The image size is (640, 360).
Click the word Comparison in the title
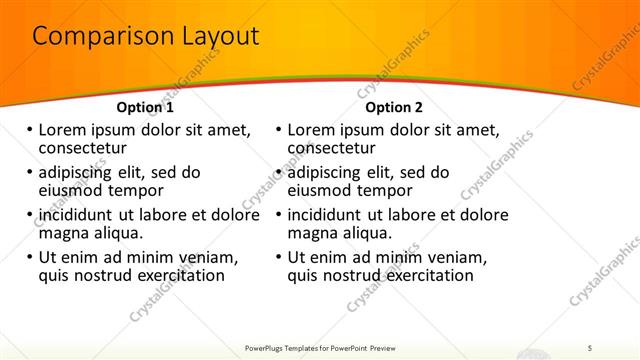(92, 37)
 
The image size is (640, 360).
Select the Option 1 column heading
(145, 107)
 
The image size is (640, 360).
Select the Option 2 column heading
(394, 107)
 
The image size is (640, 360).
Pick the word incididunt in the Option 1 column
(79, 215)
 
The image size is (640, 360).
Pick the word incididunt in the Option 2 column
(328, 215)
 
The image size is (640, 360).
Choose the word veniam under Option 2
(441, 257)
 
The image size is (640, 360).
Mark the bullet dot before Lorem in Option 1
(30, 130)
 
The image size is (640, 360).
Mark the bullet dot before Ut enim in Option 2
(279, 257)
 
